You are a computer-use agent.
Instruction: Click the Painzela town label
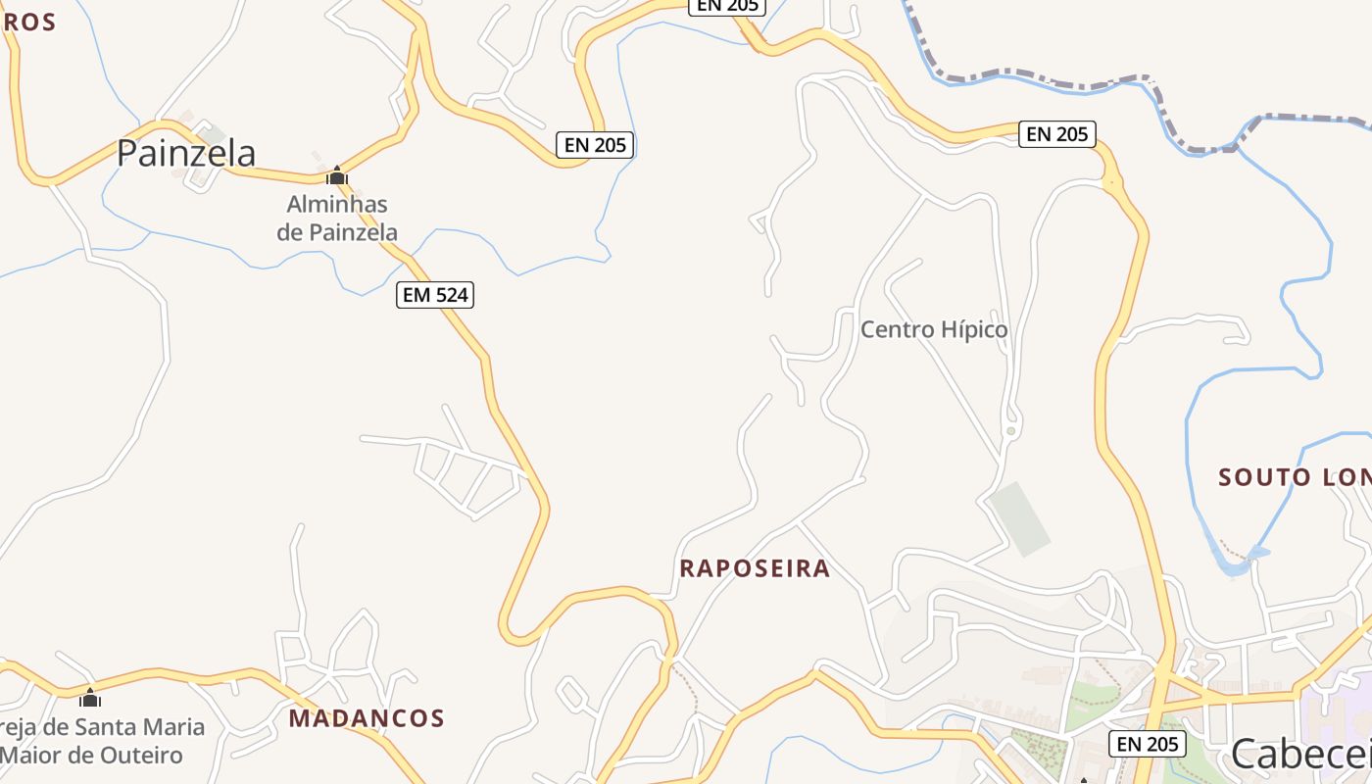pos(186,153)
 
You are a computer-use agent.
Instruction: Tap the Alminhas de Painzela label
pos(337,219)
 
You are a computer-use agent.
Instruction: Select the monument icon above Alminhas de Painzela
pos(337,176)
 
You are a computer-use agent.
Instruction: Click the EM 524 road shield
pos(435,295)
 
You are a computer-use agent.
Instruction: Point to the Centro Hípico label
pos(933,330)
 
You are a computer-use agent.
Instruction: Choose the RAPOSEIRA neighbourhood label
pos(755,568)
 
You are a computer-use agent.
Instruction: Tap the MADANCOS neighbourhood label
pos(367,718)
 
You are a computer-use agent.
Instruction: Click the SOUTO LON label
pos(1294,477)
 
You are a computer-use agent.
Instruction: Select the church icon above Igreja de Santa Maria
pos(90,698)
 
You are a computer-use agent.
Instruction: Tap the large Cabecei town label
pos(1300,753)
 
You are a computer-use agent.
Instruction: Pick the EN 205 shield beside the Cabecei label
pos(1148,744)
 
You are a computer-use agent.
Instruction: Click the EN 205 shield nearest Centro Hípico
pos(1056,134)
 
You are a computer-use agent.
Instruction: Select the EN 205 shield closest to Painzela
pos(595,145)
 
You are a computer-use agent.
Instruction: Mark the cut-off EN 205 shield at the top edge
pos(726,6)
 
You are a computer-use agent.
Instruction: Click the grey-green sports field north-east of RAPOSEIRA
pos(1019,518)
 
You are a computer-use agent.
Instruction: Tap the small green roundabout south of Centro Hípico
pos(1010,430)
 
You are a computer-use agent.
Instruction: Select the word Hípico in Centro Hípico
pos(974,330)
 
